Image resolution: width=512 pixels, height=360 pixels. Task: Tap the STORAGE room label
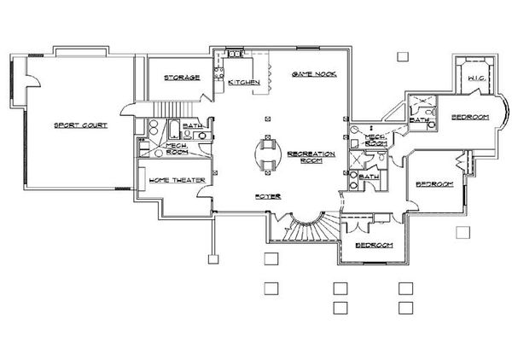coord(182,78)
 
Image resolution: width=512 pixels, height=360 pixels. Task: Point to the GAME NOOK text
coord(312,75)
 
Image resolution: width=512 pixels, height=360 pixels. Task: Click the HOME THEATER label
coord(171,181)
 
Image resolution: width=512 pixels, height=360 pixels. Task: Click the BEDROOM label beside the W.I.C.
coord(468,116)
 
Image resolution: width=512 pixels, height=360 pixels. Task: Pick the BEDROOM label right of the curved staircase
coord(375,245)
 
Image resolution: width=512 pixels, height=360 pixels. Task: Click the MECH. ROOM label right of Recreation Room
coord(376,140)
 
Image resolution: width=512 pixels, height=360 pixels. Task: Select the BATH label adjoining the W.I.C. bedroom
coord(418,120)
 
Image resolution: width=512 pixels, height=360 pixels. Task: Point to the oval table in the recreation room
coord(268,154)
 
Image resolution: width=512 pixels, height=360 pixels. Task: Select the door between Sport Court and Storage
coord(128,108)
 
